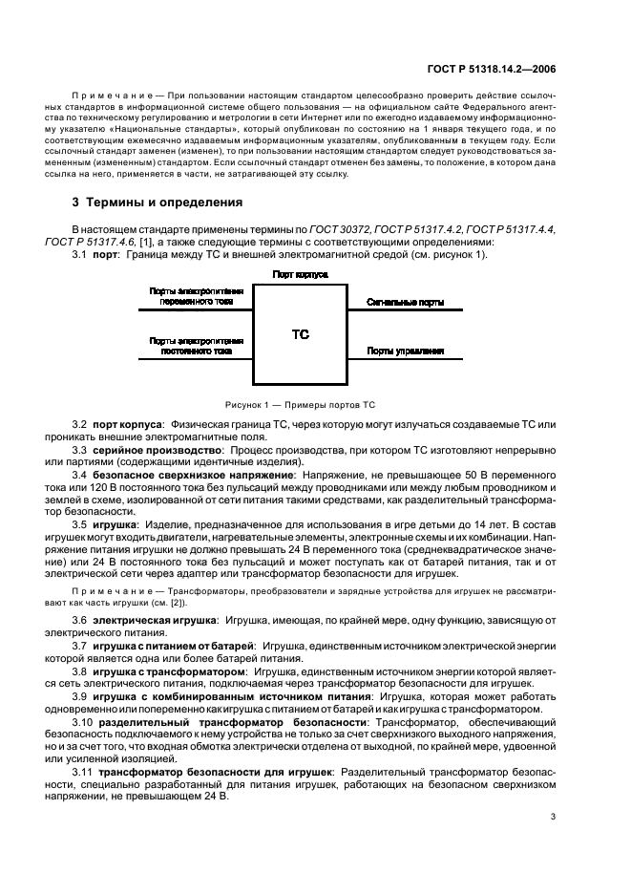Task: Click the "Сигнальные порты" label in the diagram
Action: click(405, 301)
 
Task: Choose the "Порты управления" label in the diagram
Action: click(405, 351)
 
